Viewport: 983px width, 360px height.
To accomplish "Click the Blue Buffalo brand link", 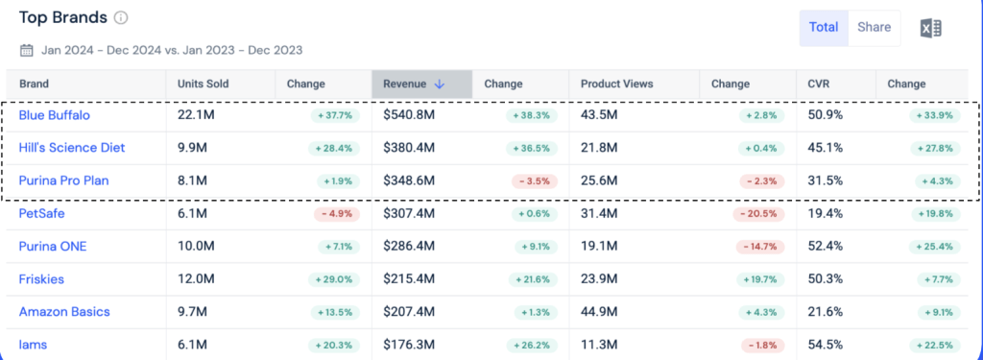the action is (x=54, y=115).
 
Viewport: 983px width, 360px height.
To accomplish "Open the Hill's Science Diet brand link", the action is (x=71, y=148).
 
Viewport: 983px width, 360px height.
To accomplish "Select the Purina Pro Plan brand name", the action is (x=63, y=180).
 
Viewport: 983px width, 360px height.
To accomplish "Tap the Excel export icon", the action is (x=931, y=28).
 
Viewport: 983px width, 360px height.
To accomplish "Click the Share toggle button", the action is (x=874, y=28).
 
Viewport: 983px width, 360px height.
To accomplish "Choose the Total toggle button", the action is (x=824, y=28).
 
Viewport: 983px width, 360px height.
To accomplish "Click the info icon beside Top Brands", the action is (x=121, y=17).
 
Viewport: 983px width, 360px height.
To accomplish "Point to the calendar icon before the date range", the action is (x=26, y=50).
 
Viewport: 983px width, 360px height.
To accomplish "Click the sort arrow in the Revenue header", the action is (x=439, y=84).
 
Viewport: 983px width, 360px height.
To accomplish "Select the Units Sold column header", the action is (x=204, y=84).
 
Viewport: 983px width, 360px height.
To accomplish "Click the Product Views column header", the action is (x=617, y=84).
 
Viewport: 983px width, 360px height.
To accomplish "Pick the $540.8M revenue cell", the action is (x=409, y=115).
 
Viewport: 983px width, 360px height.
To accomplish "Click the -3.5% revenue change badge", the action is (x=534, y=181).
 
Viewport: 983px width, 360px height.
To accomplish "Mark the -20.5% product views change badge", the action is (x=758, y=214).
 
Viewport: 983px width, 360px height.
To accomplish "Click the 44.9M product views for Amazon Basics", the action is (x=599, y=312).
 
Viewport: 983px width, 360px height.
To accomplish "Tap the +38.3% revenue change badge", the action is (x=531, y=116).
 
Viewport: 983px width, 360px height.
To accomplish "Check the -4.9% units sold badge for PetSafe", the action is (x=337, y=214).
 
